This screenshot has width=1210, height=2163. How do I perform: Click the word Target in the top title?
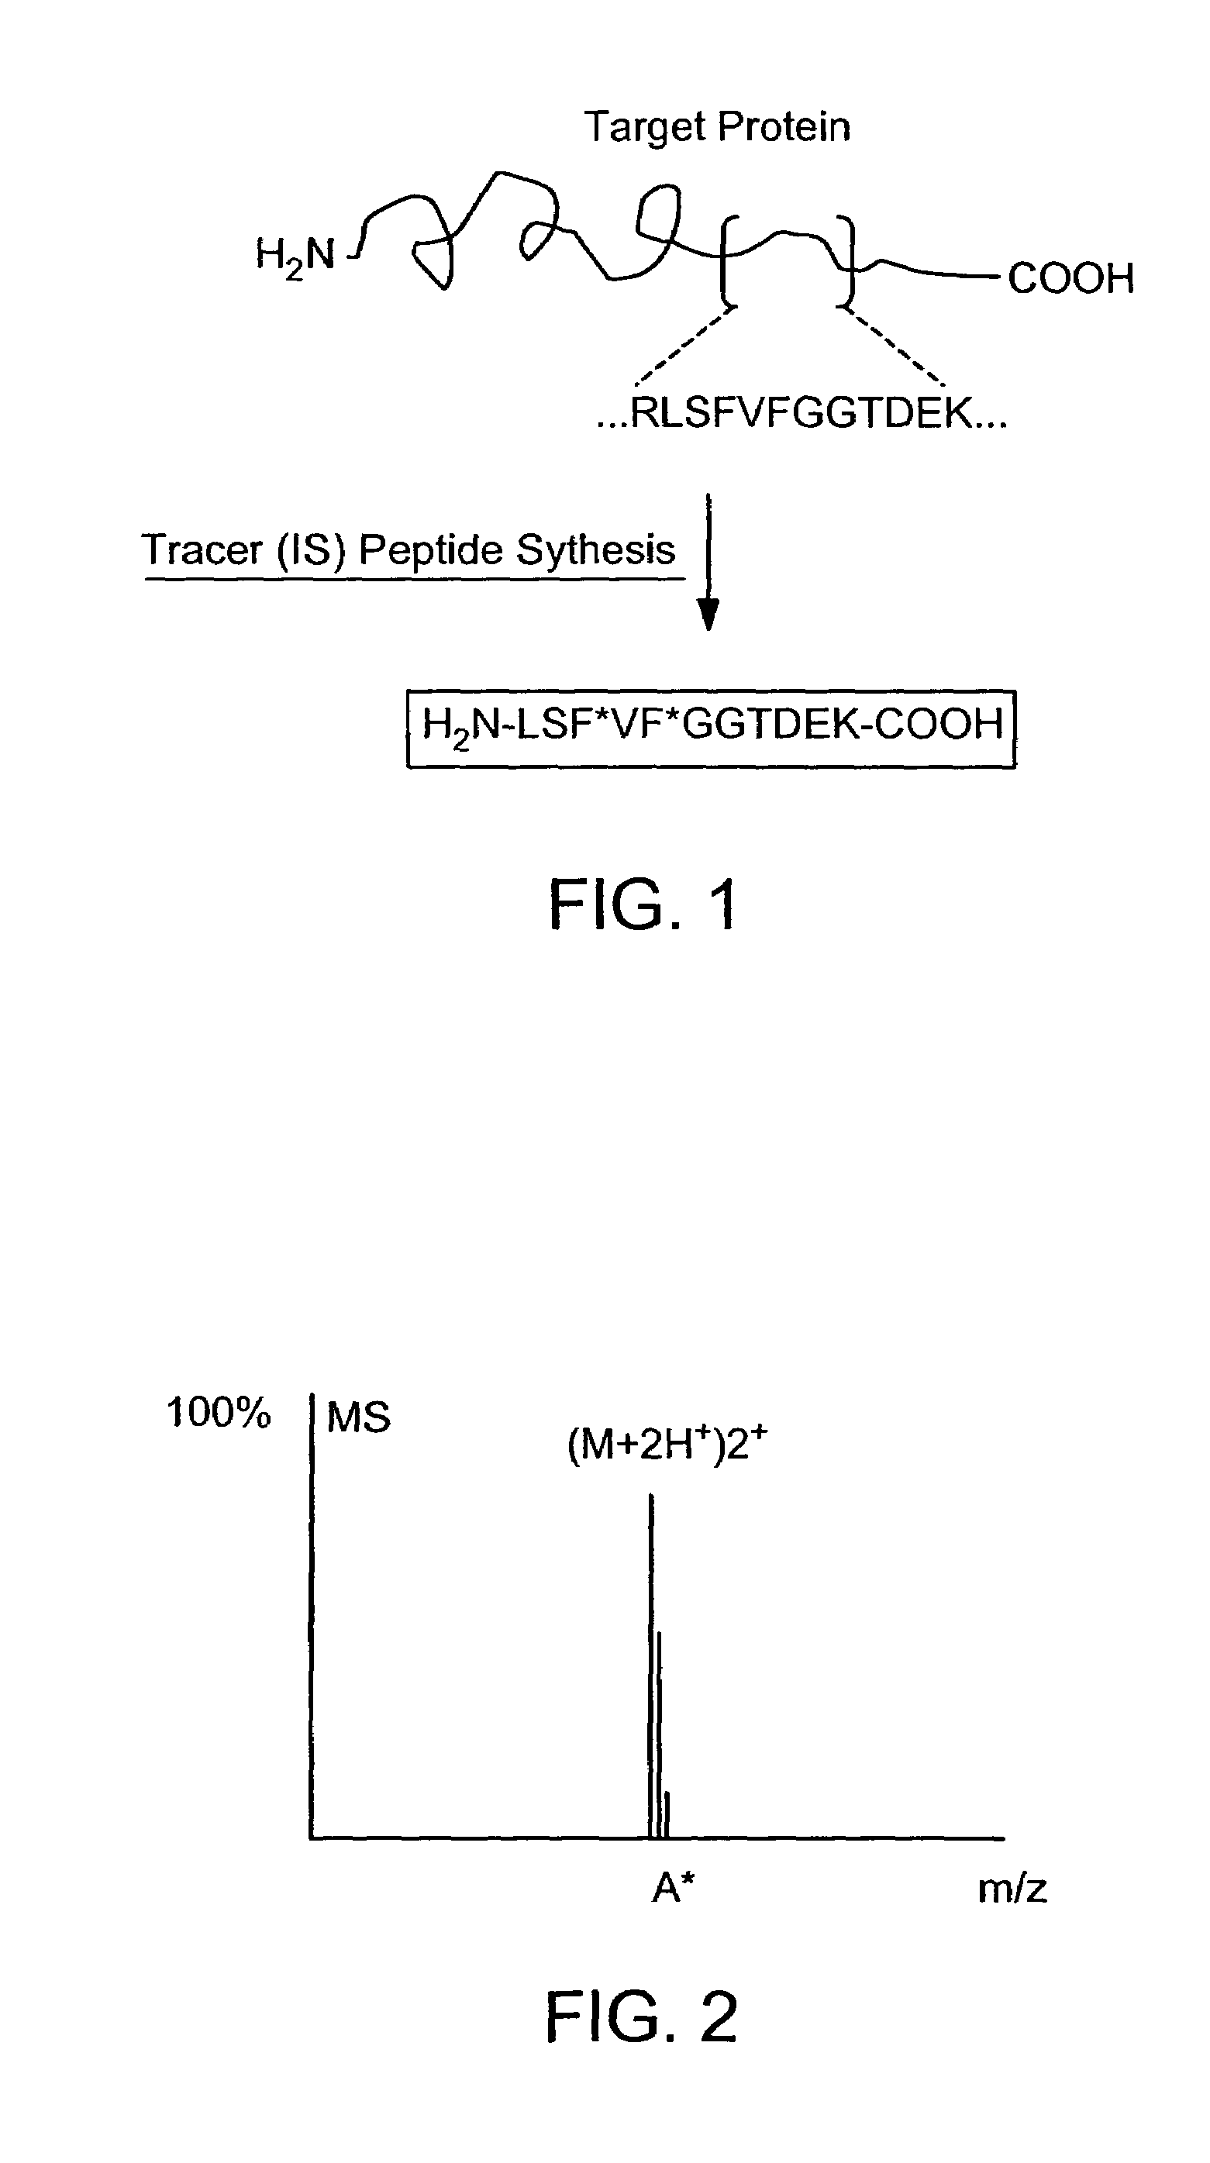643,129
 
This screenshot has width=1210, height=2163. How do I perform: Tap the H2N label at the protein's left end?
295,255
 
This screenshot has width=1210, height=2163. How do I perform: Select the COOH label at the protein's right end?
1070,278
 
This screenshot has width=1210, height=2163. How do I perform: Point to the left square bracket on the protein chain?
727,259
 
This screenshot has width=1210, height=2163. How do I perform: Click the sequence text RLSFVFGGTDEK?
802,413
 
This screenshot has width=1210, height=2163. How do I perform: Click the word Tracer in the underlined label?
202,551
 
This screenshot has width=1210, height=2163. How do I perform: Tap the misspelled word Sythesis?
595,551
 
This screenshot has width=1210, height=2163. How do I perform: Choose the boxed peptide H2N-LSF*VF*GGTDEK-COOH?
712,727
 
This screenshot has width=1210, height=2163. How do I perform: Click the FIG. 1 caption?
643,905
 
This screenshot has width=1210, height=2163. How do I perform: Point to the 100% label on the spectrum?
219,1412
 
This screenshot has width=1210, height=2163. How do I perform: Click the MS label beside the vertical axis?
359,1418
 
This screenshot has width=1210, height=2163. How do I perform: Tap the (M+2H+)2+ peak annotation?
667,1445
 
